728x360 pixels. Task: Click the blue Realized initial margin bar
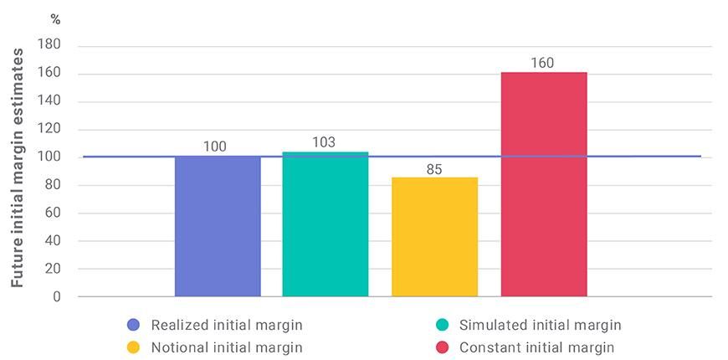coord(218,226)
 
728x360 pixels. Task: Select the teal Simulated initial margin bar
coord(326,224)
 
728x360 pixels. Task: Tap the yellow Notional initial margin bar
coord(434,237)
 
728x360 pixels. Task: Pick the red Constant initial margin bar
coord(543,184)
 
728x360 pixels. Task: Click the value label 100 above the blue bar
coord(215,147)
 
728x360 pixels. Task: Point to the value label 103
coord(324,142)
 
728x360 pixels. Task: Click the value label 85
coord(433,169)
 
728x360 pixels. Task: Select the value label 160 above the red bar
coord(542,63)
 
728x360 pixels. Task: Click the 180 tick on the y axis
coord(49,46)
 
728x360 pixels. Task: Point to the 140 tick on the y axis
coord(49,101)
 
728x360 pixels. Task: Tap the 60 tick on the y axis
coord(53,213)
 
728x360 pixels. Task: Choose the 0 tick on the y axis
coord(56,296)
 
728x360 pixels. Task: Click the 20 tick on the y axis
coord(53,269)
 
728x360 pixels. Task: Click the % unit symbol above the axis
coord(55,19)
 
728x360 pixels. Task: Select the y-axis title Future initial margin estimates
coord(17,167)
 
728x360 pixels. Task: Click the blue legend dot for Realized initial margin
coord(133,325)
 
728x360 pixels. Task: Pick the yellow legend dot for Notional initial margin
coord(133,347)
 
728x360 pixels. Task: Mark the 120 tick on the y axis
coord(49,130)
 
